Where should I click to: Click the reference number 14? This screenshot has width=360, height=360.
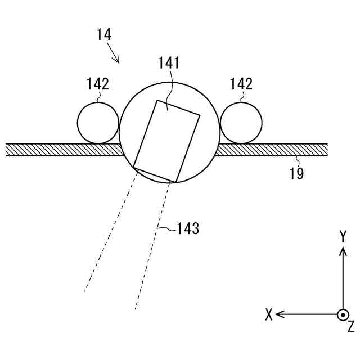point(104,34)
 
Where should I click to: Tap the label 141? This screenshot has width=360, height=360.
point(169,63)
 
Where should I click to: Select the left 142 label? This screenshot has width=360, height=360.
point(97,84)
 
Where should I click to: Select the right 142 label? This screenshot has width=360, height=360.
point(241,84)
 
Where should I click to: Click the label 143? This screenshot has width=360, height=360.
point(188,229)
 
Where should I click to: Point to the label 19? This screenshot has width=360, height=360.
point(296,174)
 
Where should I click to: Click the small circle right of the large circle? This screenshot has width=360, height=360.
point(241,123)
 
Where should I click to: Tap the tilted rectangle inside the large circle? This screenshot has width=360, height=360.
point(167,141)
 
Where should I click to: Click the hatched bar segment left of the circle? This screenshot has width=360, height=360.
point(62,150)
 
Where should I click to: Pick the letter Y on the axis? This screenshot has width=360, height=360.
point(343,237)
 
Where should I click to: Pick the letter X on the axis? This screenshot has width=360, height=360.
point(269,315)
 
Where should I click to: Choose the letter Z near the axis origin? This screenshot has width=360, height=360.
point(350,327)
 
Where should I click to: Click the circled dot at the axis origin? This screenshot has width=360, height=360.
point(343,314)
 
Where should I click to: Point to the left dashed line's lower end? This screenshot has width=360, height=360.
point(84,291)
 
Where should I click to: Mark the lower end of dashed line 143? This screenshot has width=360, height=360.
point(136,309)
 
